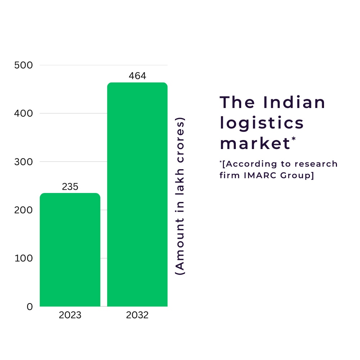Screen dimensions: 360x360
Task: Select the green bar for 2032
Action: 137,194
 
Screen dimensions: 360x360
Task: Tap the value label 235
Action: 70,187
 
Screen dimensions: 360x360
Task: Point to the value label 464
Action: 137,76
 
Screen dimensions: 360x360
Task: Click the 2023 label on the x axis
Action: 70,315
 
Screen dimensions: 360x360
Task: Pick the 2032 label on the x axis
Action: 137,315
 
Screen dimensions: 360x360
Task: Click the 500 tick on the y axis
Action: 23,65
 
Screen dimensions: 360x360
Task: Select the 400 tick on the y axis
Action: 23,113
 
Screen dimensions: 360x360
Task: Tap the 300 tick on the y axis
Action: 23,162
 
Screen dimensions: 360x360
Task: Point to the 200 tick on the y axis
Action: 23,210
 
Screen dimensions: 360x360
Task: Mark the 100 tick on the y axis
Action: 23,258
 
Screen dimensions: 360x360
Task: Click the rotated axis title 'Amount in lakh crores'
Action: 180,196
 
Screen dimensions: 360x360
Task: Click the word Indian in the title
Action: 294,103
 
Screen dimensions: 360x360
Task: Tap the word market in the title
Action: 255,144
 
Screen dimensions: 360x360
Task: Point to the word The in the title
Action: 237,103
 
